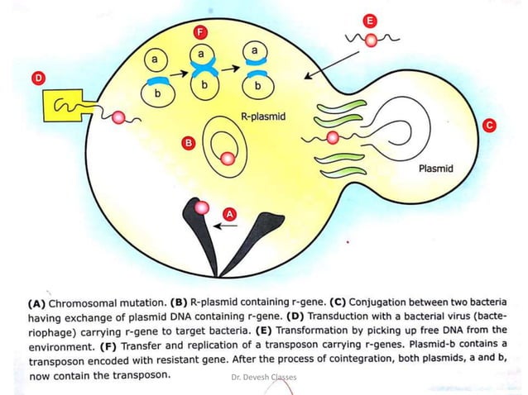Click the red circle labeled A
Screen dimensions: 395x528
(231, 213)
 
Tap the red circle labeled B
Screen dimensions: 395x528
(189, 144)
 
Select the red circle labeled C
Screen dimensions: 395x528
(489, 125)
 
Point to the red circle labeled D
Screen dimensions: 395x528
(37, 78)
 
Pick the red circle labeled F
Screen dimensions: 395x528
(199, 33)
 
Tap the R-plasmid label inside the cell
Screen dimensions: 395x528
(262, 117)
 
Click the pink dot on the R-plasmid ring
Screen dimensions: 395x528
(228, 159)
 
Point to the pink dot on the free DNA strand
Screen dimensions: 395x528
(372, 39)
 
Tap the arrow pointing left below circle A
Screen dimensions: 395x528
(223, 224)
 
